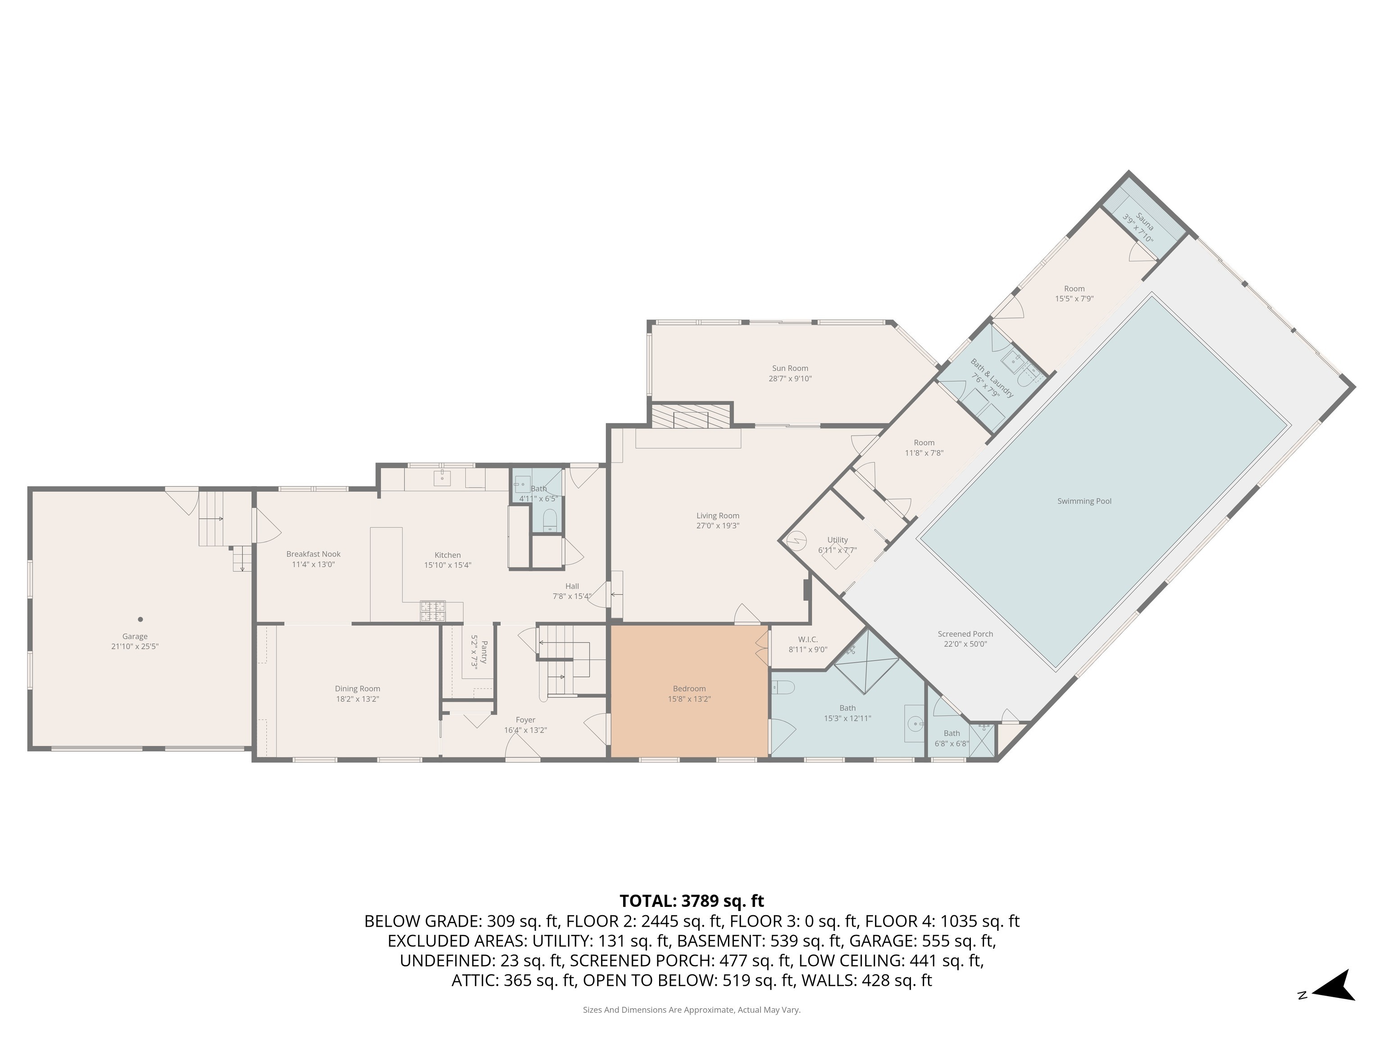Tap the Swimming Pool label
click(1084, 501)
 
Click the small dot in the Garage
click(141, 619)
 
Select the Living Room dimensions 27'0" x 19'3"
click(718, 526)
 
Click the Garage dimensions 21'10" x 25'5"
click(135, 647)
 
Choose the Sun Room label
click(790, 369)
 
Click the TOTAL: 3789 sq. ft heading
click(692, 901)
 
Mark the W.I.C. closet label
click(808, 639)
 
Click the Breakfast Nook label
click(314, 554)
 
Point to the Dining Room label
click(357, 689)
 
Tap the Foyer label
click(526, 720)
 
